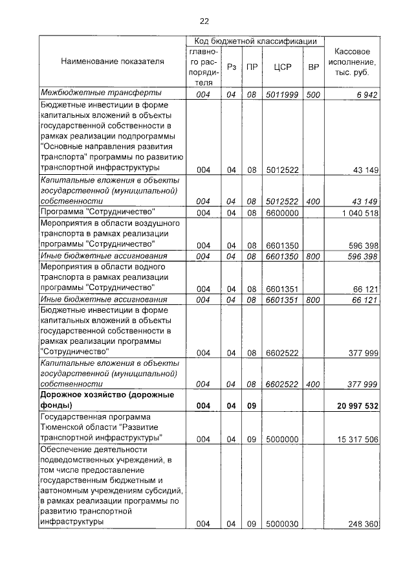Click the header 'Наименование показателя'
pyautogui.click(x=112, y=62)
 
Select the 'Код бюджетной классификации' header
pyautogui.click(x=256, y=41)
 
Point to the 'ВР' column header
pyautogui.click(x=313, y=67)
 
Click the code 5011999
pyautogui.click(x=281, y=95)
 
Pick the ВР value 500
pyautogui.click(x=313, y=95)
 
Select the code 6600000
pyautogui.click(x=281, y=213)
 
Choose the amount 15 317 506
pyautogui.click(x=355, y=439)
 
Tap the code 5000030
pyautogui.click(x=281, y=524)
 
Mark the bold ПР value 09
pyautogui.click(x=252, y=405)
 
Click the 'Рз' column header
pyautogui.click(x=231, y=67)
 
